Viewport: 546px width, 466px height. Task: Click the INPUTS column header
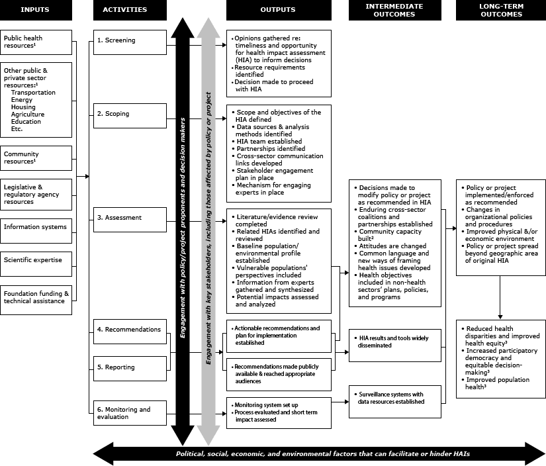tap(36, 10)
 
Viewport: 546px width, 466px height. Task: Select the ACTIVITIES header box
tap(129, 10)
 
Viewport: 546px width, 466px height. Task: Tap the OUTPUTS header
tap(279, 10)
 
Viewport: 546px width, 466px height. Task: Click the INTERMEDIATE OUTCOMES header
tap(394, 10)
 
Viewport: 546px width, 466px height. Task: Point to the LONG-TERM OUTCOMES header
tap(501, 10)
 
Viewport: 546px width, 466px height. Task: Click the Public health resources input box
tap(36, 42)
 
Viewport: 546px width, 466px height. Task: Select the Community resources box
tap(36, 158)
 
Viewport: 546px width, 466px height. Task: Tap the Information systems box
tap(36, 227)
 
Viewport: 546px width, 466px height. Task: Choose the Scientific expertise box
tap(36, 260)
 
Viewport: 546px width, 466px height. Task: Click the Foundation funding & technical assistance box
tap(36, 297)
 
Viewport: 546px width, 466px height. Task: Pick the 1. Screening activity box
tap(129, 41)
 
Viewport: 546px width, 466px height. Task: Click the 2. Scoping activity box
tap(129, 114)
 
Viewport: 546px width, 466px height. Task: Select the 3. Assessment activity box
tap(129, 218)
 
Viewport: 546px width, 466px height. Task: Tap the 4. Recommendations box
tap(129, 330)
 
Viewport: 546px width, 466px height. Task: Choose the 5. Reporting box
tap(129, 367)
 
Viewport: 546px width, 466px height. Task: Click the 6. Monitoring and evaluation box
tap(129, 413)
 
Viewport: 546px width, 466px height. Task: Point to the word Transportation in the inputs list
tap(33, 93)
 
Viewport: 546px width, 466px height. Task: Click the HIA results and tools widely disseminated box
tap(395, 342)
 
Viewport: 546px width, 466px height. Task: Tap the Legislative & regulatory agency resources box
tap(36, 195)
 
